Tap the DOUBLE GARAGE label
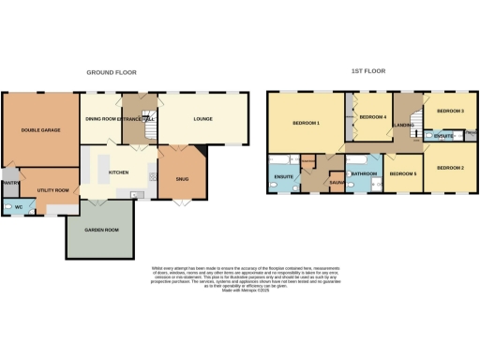tap(40, 130)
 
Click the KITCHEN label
tap(118, 172)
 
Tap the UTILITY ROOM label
tap(52, 190)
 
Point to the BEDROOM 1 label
tap(305, 124)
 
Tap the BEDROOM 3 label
tap(451, 112)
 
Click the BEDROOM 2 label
tap(450, 168)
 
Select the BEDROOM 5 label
tap(403, 173)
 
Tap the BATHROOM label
tap(363, 173)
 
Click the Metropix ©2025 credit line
tap(240, 292)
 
